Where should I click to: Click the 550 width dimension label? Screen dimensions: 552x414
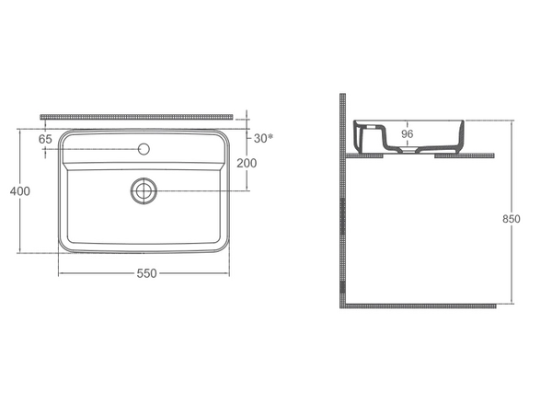tap(146, 273)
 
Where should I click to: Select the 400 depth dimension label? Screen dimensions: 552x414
tap(20, 191)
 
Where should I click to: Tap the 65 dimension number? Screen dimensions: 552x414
tap(45, 139)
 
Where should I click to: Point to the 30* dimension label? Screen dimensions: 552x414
tap(263, 138)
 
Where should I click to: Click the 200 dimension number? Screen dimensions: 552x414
tap(247, 163)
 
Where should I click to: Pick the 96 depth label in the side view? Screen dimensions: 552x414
tap(407, 133)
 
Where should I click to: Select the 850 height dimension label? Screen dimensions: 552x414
tap(512, 219)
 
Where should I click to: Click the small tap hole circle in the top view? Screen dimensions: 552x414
tap(144, 149)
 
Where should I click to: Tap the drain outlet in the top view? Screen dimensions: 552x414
tap(144, 190)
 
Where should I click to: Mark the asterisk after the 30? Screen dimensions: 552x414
tap(270, 136)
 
